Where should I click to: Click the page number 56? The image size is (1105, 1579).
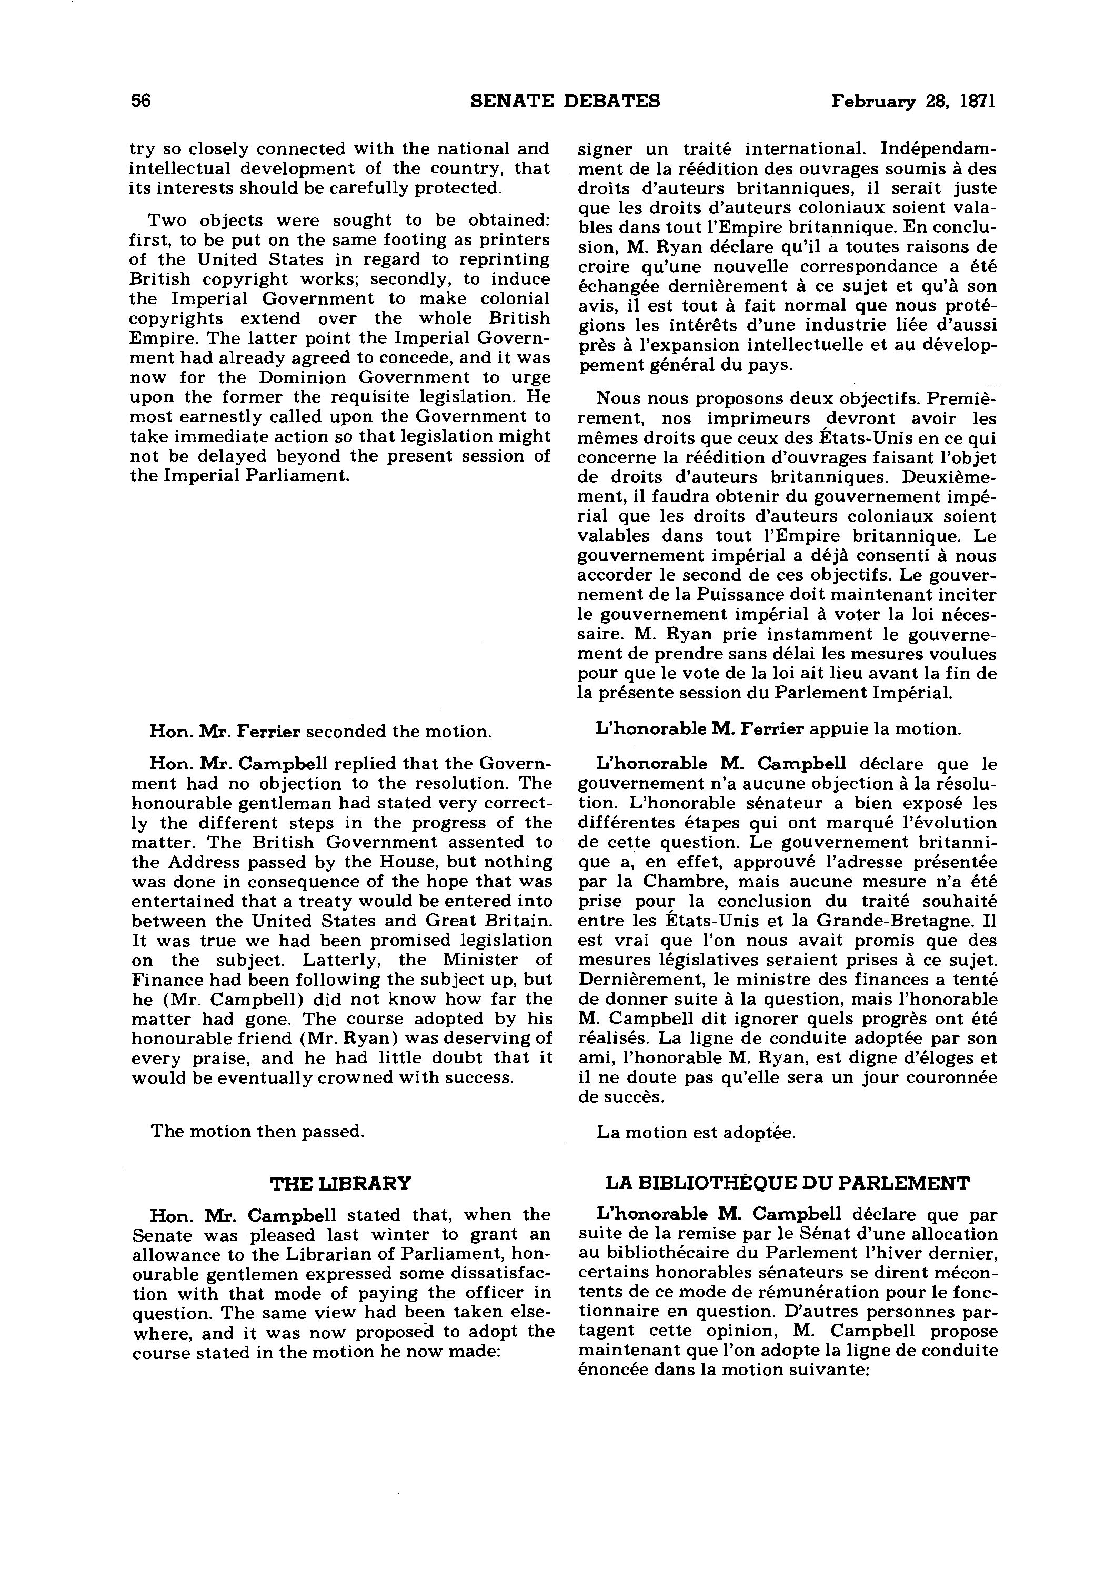click(140, 101)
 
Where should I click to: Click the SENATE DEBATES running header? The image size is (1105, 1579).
click(565, 101)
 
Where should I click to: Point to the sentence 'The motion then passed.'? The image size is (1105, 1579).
click(258, 1131)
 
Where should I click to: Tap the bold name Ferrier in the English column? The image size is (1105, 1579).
click(268, 731)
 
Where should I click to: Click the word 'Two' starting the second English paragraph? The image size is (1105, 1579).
click(168, 220)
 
